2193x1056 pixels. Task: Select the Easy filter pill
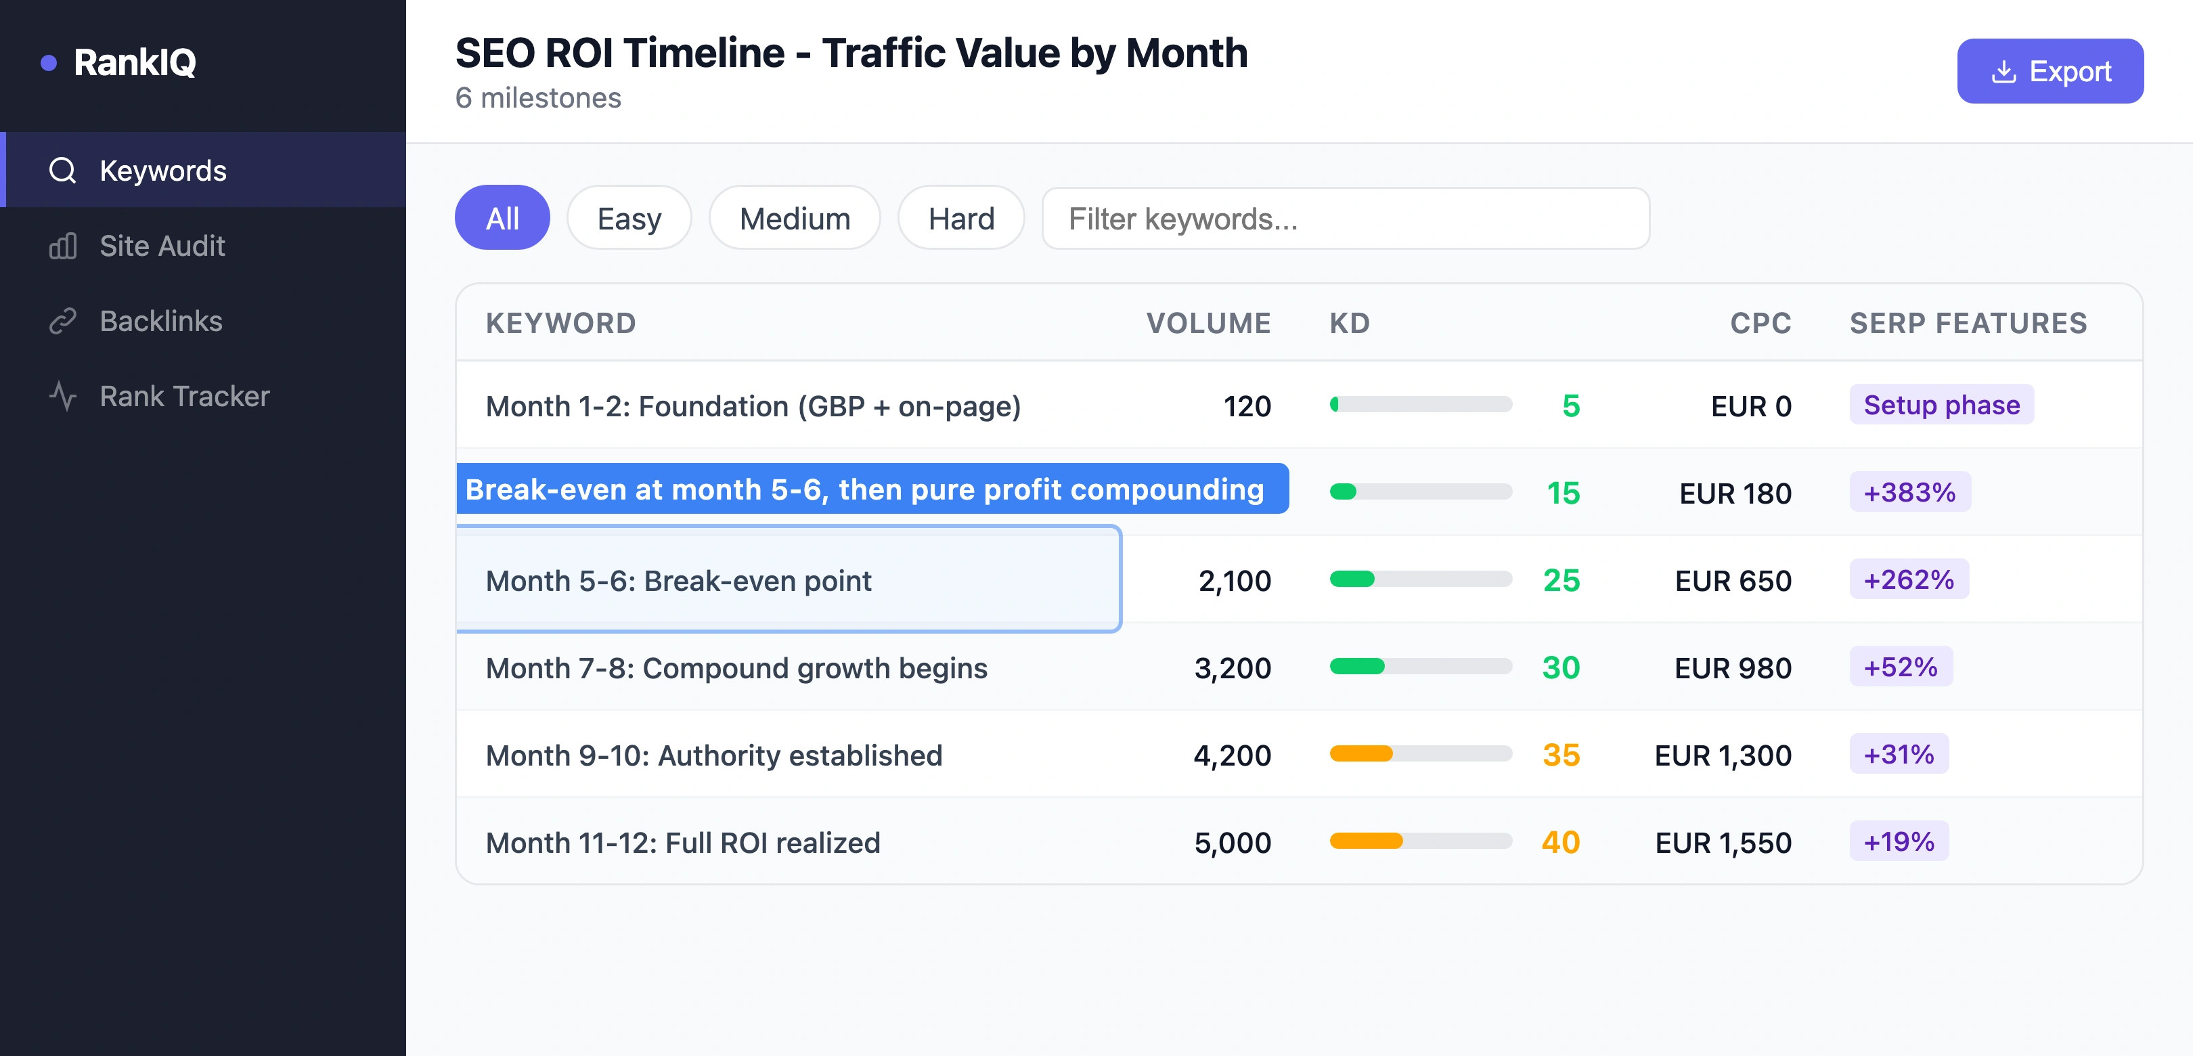pos(628,219)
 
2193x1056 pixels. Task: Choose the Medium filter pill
pos(793,219)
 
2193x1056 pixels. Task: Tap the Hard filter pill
pos(960,219)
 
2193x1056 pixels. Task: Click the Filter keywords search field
pos(1345,219)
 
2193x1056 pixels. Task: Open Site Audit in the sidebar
pos(162,246)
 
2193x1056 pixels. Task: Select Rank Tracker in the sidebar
pos(184,396)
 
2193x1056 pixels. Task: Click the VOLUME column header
pos(1208,324)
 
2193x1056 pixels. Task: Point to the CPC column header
pos(1760,324)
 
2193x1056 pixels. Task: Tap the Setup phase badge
pos(1941,405)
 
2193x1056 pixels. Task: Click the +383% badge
pos(1909,492)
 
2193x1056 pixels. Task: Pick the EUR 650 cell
pos(1733,581)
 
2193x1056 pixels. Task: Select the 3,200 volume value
pos(1232,669)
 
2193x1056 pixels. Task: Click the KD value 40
pos(1559,842)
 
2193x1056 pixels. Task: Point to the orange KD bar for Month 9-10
pos(1360,753)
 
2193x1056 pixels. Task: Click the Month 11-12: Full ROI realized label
pos(683,843)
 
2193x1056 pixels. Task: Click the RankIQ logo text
pos(135,62)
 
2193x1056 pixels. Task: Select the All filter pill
pos(502,219)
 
